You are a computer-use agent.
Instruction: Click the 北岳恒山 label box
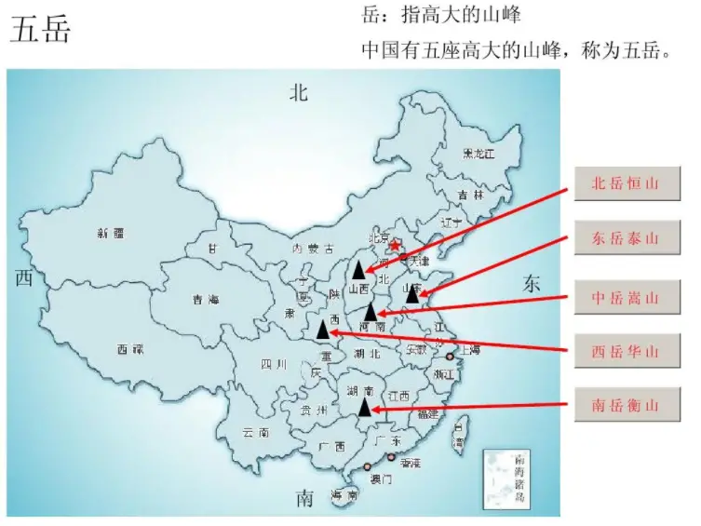pos(626,184)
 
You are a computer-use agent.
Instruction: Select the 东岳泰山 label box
pos(626,238)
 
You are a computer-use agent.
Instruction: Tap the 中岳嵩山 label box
pos(626,298)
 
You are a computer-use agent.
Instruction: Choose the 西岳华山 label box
pos(626,352)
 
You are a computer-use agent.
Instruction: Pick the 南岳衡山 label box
pos(626,406)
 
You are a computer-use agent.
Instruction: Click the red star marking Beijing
pos(395,246)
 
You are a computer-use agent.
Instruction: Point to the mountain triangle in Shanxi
pos(359,271)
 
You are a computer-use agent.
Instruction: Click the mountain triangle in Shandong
pos(413,293)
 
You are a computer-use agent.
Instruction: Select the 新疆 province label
pos(110,234)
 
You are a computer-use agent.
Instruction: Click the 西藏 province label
pos(130,349)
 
